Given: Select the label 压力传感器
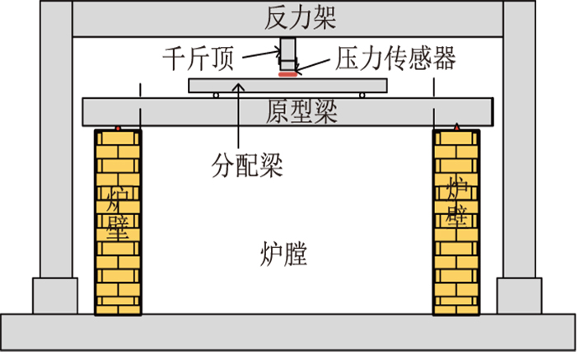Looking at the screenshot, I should tap(396, 58).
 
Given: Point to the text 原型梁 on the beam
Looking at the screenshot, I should tap(301, 110).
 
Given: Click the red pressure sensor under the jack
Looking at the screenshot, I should tap(287, 74).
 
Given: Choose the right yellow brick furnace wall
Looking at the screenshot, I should tap(456, 222).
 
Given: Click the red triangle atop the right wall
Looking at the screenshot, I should tap(456, 127).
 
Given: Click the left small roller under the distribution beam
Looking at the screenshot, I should tap(216, 96).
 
